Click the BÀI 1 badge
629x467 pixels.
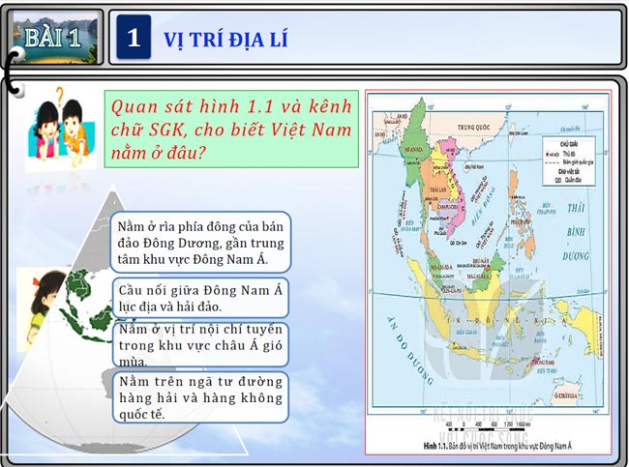[x=52, y=38]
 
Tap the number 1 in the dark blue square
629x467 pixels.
[x=134, y=38]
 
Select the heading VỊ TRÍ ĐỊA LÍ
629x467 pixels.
[x=225, y=39]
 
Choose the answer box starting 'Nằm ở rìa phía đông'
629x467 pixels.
[x=199, y=243]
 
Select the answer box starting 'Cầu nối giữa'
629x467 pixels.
[x=199, y=297]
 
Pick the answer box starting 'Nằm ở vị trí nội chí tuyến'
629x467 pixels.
[x=199, y=344]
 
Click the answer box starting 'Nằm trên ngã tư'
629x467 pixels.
[x=199, y=396]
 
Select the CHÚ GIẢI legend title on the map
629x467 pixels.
[x=555, y=141]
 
